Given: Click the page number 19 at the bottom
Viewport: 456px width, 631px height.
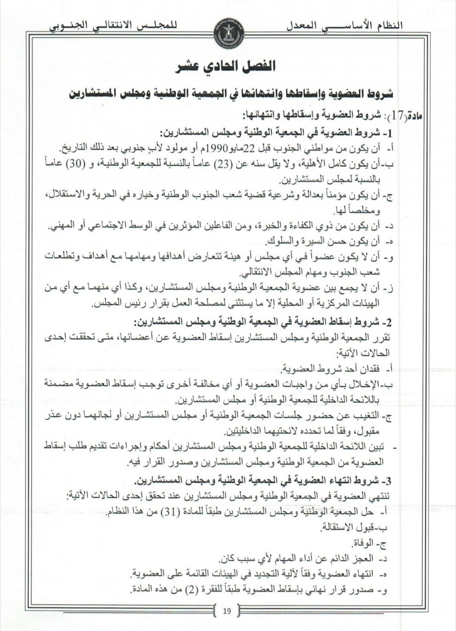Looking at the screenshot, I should [227, 610].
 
